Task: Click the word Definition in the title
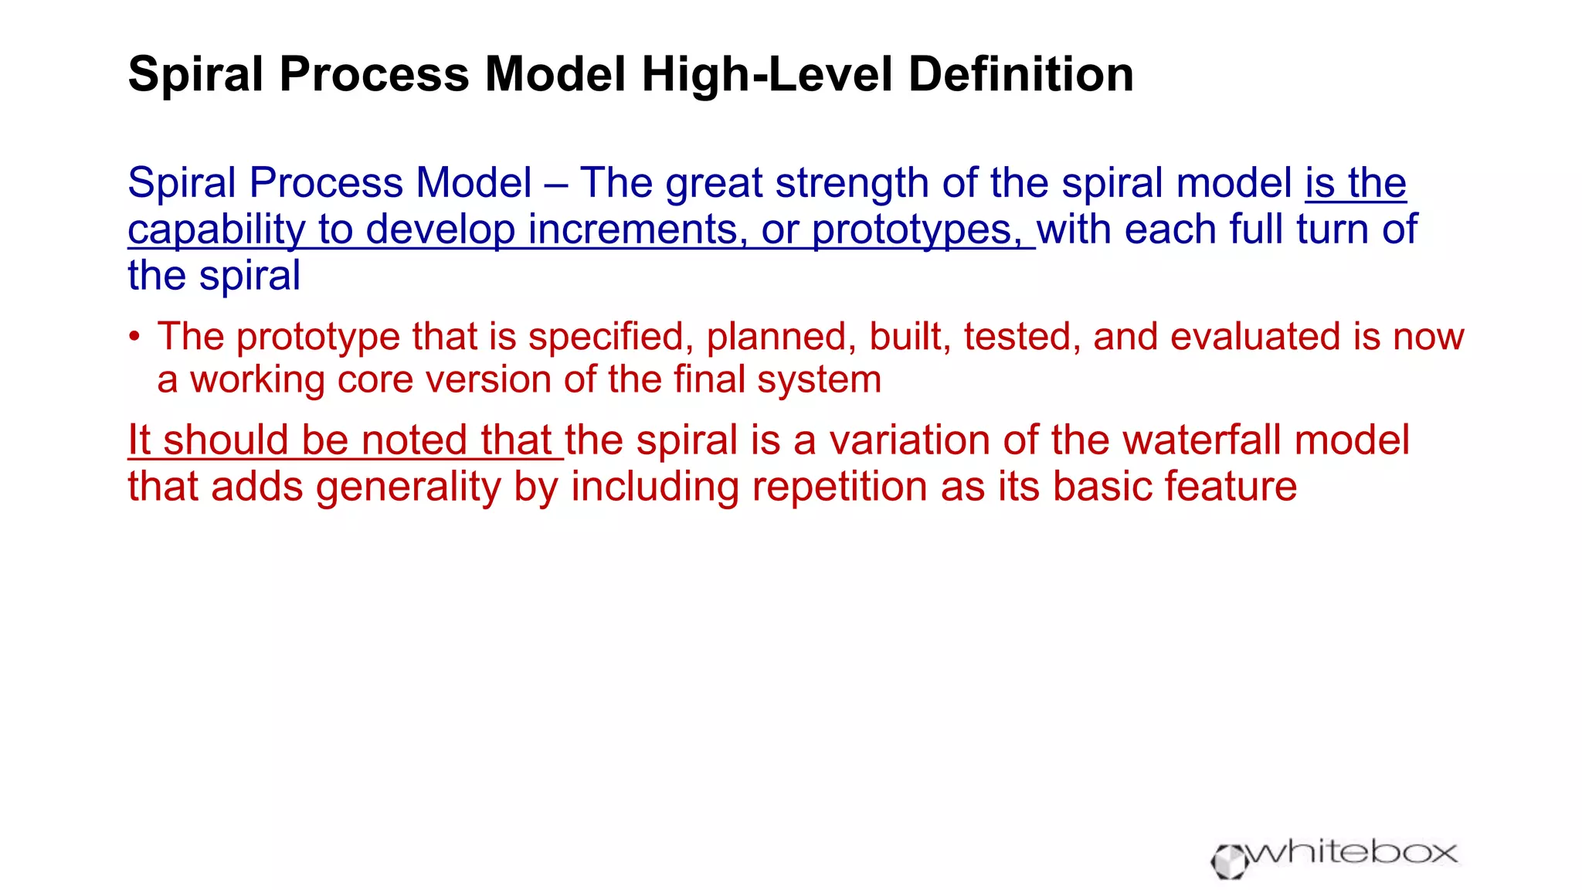click(x=1020, y=75)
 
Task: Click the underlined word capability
click(x=216, y=230)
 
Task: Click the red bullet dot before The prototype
click(x=135, y=337)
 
